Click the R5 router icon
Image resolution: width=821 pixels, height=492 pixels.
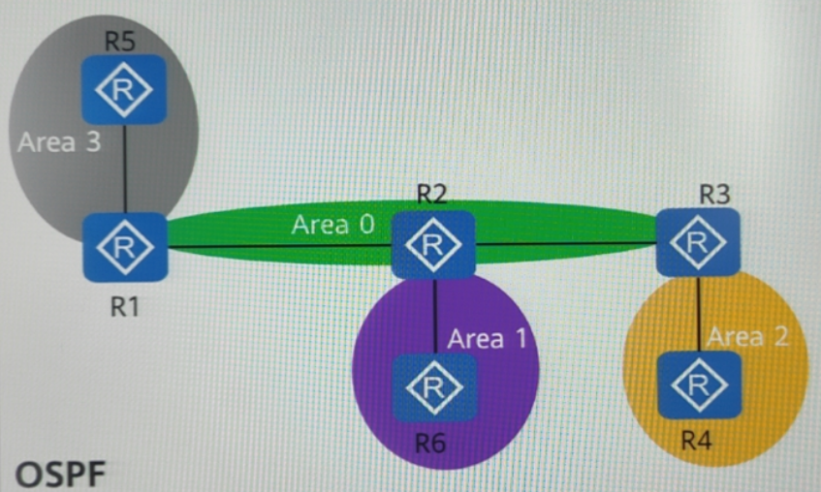tap(123, 89)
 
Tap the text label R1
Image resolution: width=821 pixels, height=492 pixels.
tap(123, 308)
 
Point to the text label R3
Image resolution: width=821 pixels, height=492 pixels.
tap(714, 193)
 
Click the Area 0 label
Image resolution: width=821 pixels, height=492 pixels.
tap(332, 225)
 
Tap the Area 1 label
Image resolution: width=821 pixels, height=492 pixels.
tap(489, 339)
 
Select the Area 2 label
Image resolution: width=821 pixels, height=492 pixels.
tap(747, 336)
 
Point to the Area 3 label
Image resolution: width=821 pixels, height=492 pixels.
tap(58, 142)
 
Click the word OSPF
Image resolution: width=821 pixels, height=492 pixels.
tap(60, 475)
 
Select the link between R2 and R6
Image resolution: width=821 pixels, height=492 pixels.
tap(434, 315)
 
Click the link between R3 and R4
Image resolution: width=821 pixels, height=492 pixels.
tap(698, 312)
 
